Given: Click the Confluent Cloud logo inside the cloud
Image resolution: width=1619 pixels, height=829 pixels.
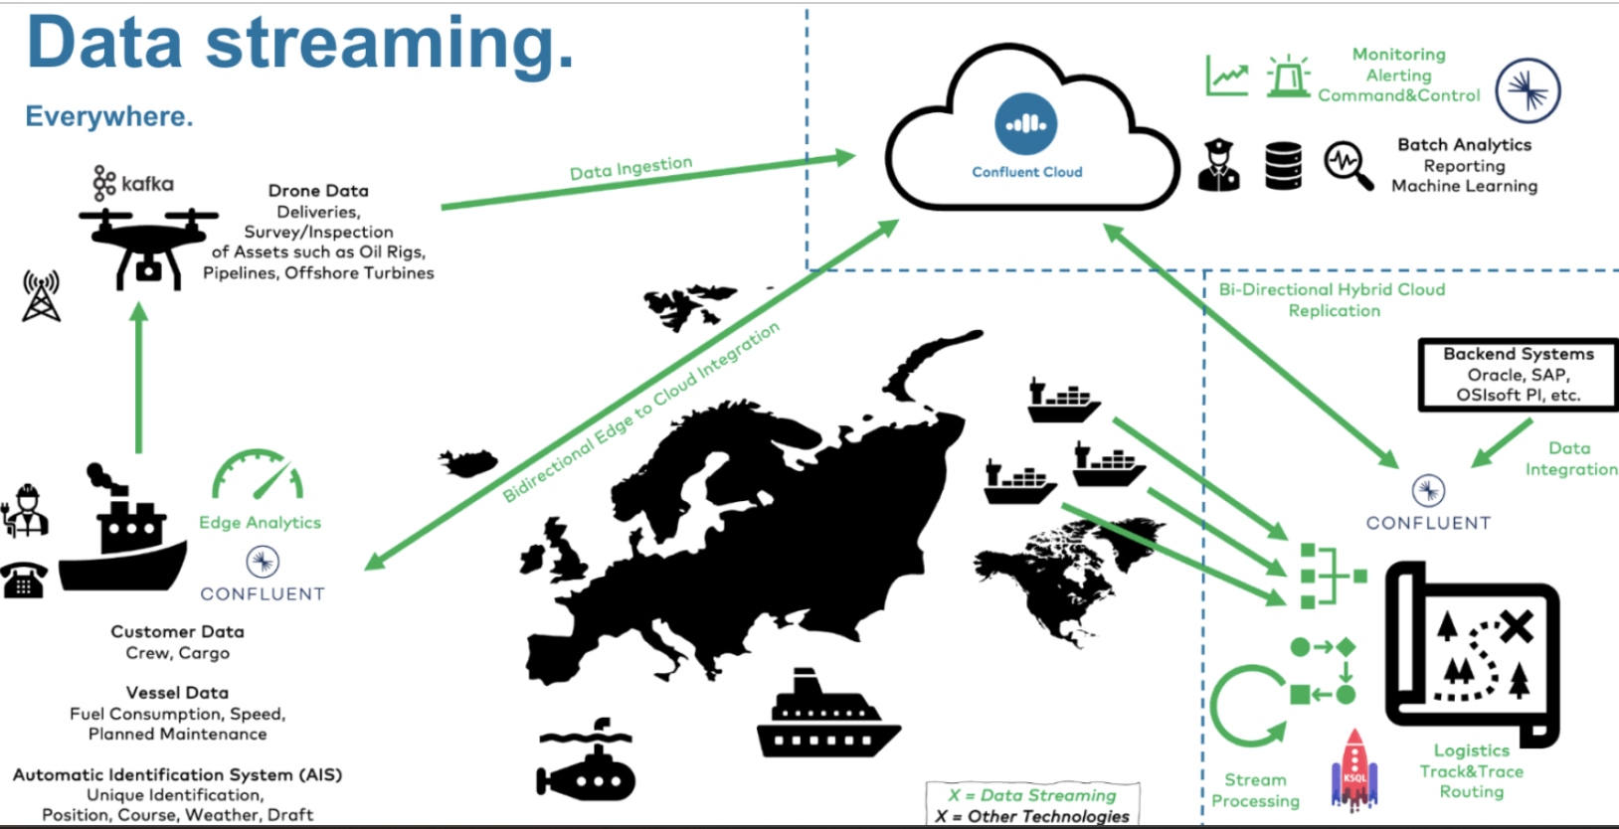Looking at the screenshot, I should (1025, 124).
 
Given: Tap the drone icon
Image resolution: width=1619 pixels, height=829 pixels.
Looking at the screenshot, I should (148, 245).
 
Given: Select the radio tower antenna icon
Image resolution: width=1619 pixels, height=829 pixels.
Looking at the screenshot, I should (41, 295).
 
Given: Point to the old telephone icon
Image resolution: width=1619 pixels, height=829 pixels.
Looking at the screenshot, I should (24, 580).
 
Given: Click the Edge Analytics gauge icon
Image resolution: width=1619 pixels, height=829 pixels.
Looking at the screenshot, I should (258, 475).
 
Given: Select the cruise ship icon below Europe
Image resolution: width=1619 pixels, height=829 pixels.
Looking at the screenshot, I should (826, 717).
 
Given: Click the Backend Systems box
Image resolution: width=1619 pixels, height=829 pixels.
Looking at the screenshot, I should (1518, 375).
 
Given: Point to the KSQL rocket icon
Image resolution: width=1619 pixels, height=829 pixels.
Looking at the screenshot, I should (1354, 769).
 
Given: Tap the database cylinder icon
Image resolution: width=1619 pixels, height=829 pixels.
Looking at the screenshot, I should (1283, 166).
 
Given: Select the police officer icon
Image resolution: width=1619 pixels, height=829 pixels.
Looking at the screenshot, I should (1219, 166).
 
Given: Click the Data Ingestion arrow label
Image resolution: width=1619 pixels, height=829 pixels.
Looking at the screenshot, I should (630, 168).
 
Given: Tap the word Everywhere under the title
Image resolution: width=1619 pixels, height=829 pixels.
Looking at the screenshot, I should (109, 116).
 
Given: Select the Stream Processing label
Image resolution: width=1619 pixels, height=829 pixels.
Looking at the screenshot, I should (1255, 790).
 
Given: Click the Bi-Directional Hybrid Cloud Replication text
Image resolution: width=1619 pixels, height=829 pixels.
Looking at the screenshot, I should (1333, 299).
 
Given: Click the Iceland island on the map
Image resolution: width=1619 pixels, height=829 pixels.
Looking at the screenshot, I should (468, 462).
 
